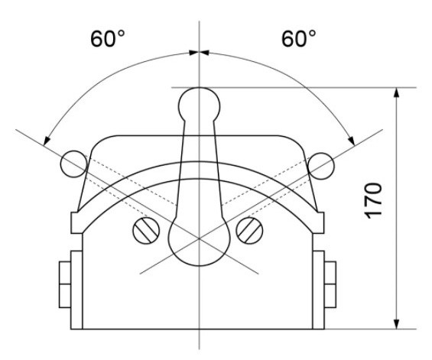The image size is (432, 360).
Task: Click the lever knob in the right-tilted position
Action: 322,162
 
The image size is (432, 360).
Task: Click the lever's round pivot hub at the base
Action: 199,242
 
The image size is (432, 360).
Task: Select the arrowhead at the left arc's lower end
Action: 47,140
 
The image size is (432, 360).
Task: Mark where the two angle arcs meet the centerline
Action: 199,53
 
